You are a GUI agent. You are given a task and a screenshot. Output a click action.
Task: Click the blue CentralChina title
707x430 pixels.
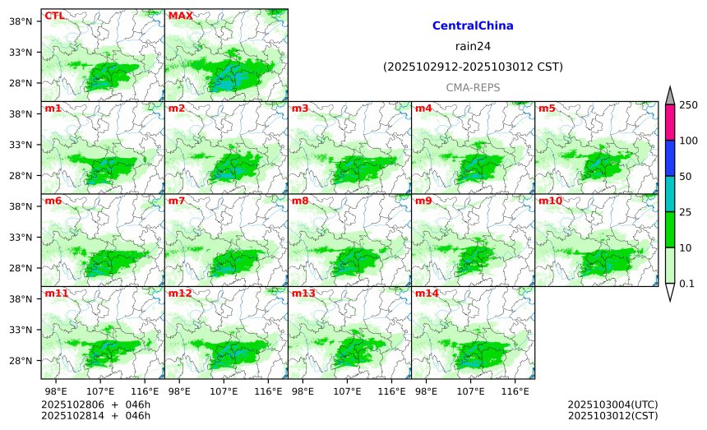click(473, 26)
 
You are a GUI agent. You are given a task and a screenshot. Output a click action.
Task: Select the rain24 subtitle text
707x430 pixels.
click(473, 46)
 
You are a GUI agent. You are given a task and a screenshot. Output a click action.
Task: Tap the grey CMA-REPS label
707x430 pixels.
click(473, 87)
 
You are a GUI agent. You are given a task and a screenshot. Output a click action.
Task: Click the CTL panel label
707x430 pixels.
click(54, 16)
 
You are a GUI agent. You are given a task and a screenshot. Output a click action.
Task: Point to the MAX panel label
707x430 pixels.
click(180, 16)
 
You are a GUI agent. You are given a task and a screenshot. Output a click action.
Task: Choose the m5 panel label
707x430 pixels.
click(547, 109)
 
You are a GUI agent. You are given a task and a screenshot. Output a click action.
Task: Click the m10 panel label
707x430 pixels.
click(550, 201)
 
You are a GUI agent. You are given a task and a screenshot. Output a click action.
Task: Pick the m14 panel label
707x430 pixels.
click(427, 294)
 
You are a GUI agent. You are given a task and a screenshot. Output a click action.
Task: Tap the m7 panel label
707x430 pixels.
click(177, 201)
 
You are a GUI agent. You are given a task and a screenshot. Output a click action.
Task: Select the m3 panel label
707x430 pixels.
click(300, 109)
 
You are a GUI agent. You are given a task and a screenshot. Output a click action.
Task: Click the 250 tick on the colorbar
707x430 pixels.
click(688, 105)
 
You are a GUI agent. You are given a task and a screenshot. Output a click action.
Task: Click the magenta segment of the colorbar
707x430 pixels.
click(670, 123)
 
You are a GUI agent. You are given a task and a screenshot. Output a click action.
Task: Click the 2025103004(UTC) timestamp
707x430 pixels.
click(612, 405)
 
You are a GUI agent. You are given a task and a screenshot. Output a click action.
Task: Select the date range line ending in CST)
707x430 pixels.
click(473, 67)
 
